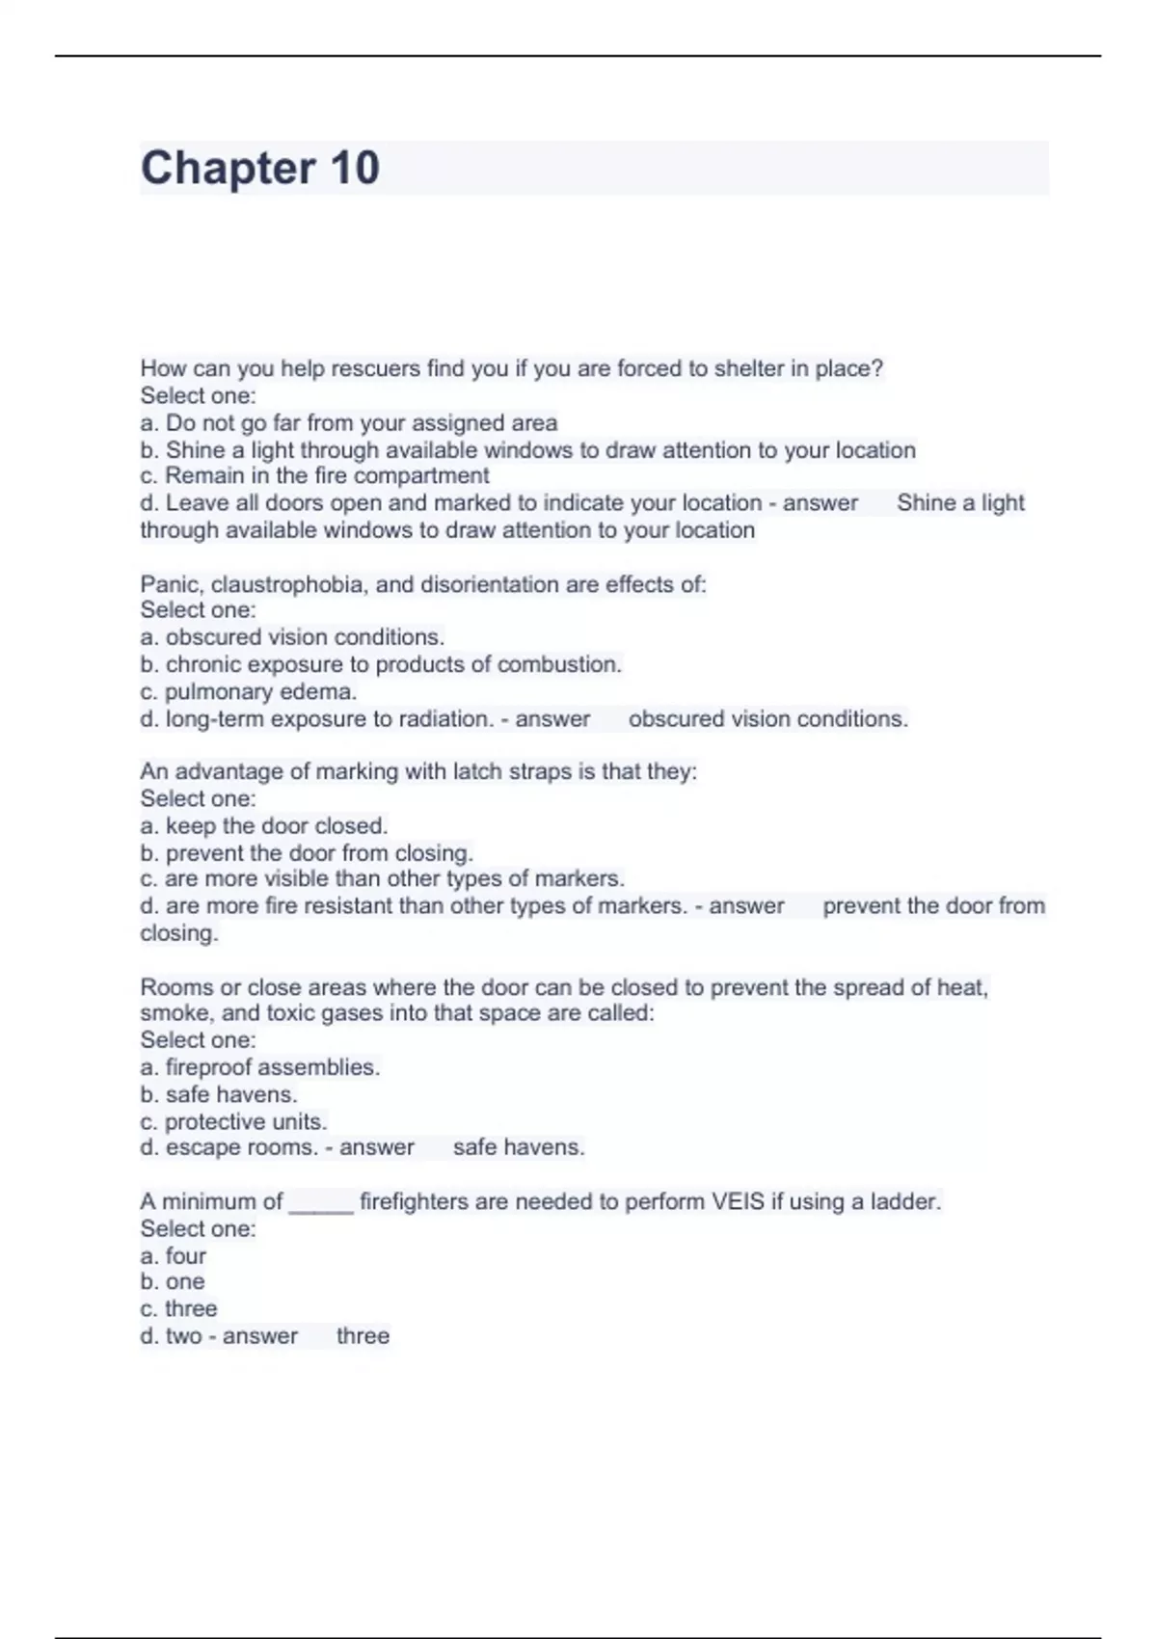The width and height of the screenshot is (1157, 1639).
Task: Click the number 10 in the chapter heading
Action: coord(355,168)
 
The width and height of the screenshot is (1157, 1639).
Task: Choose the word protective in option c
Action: coord(214,1122)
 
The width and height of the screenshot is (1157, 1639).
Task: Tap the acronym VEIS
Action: coord(738,1202)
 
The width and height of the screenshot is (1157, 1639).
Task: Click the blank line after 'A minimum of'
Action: coord(321,1205)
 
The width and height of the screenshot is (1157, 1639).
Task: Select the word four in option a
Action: coord(186,1256)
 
